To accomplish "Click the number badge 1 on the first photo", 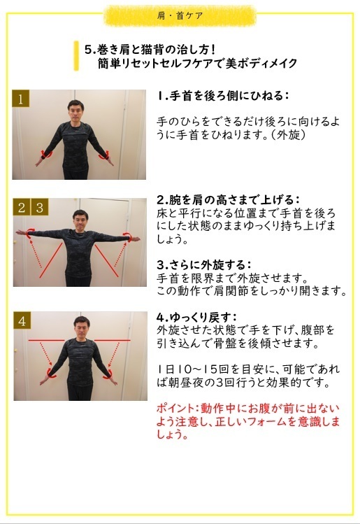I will (21, 99).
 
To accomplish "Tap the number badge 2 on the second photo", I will (22, 207).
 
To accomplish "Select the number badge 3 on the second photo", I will (40, 207).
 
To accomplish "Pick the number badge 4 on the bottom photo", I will (22, 321).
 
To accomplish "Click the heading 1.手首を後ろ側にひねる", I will (223, 95).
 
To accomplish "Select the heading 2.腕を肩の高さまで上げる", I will (228, 199).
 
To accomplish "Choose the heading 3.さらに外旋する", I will (203, 264).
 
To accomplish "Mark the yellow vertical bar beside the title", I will (76, 56).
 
